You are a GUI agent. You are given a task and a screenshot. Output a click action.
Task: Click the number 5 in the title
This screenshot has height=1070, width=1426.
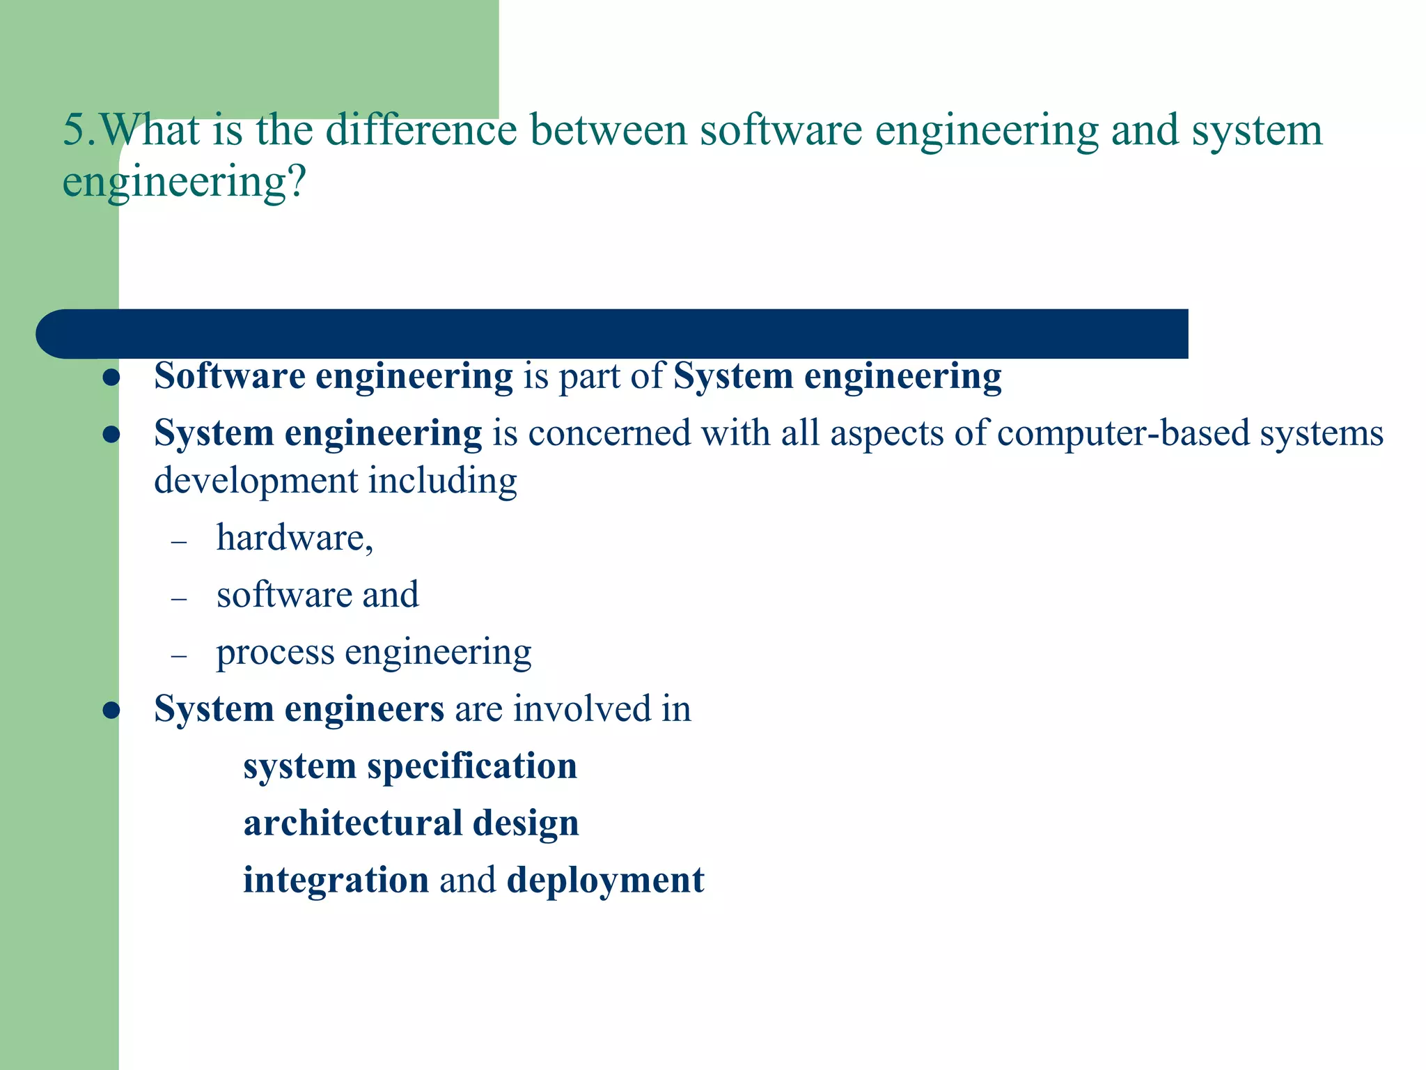click(74, 130)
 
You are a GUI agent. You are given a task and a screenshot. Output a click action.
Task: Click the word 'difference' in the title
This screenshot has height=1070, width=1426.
click(421, 130)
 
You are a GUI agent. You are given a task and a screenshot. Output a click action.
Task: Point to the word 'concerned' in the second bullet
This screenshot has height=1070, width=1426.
click(609, 433)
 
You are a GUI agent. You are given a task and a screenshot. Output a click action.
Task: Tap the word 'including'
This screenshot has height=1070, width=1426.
click(443, 481)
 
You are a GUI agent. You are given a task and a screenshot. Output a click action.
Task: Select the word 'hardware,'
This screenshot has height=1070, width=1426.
click(295, 538)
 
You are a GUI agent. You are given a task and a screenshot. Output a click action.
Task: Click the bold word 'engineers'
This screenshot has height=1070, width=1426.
click(364, 709)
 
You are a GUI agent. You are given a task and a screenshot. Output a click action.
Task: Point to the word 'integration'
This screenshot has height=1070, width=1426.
click(336, 880)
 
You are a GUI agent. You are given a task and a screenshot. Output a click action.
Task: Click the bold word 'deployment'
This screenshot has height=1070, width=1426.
click(606, 881)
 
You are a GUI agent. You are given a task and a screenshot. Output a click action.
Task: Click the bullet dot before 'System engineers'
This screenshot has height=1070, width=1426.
click(111, 711)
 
